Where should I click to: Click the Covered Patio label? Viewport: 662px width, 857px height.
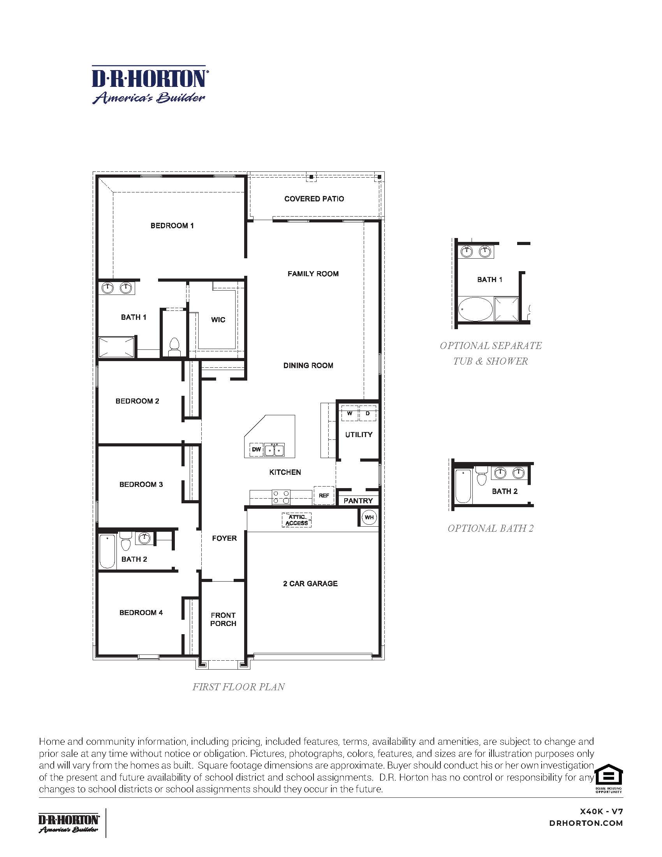coord(314,199)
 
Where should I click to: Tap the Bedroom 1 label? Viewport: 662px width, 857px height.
coord(172,226)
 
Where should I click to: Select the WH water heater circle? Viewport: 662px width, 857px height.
coord(369,517)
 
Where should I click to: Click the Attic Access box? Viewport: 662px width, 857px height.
coord(296,520)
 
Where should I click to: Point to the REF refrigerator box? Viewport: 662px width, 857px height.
coord(324,496)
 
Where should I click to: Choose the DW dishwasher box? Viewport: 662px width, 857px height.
coord(256,449)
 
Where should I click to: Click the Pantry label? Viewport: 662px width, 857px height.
coord(357,501)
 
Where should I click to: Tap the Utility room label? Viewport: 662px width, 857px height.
coord(358,434)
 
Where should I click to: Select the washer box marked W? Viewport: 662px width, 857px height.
coord(349,414)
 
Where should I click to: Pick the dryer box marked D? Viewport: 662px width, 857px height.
coord(368,414)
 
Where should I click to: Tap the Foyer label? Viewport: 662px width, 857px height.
coord(224,538)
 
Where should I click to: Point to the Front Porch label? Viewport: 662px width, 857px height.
coord(223,619)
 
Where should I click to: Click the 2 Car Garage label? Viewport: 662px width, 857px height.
coord(310,584)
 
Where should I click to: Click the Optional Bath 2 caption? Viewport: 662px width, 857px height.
coord(490,528)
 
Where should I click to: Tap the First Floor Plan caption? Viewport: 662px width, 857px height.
coord(238,687)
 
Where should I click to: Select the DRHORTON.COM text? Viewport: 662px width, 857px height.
coord(586,823)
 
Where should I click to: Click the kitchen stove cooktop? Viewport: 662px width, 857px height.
coord(281,497)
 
